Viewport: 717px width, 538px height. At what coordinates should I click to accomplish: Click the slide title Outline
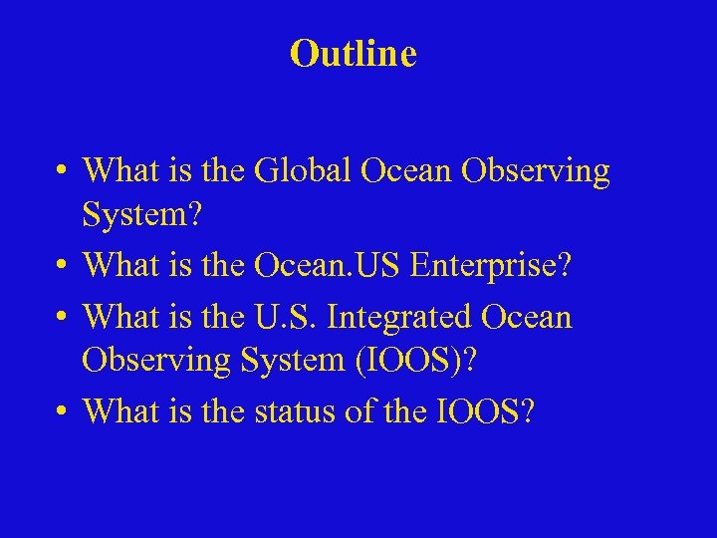353,54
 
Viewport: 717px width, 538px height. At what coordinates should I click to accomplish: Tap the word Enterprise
483,265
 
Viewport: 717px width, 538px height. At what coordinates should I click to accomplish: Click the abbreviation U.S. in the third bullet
286,317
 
